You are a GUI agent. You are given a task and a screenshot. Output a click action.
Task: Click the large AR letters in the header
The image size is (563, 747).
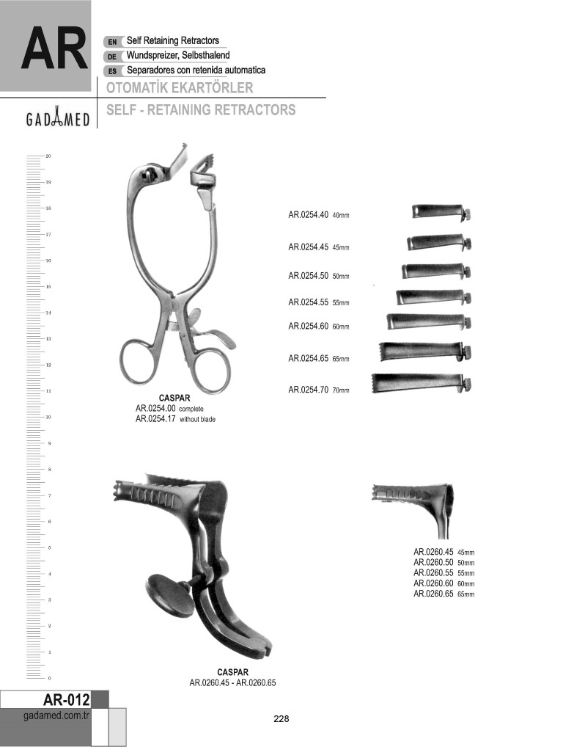coord(55,50)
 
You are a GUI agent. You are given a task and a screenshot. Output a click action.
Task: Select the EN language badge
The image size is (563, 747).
coord(112,42)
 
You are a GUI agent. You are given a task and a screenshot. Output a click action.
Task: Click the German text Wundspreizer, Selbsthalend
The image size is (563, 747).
coord(178,55)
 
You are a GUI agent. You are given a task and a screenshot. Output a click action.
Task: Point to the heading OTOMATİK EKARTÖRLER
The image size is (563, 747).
coord(180,87)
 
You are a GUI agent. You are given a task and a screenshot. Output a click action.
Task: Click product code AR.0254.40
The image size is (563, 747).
coord(309,215)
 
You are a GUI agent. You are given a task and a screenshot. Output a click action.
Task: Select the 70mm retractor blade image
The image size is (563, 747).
coord(422,384)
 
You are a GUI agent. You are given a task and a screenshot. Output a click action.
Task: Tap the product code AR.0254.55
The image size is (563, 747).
coord(309,302)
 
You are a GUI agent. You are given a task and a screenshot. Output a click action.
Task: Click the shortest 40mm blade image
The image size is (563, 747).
coord(441,213)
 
